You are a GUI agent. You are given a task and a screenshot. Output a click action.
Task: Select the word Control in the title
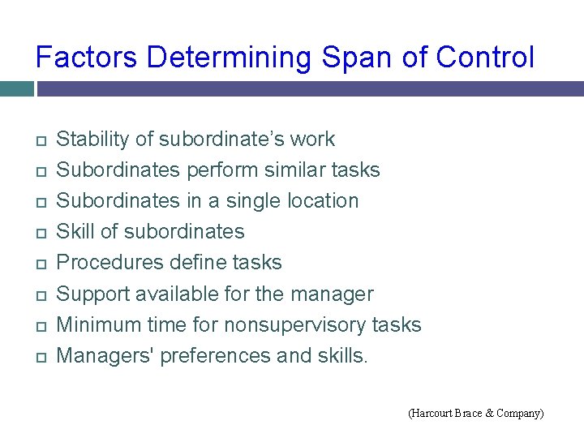point(485,58)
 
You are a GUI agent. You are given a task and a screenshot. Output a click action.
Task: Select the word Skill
point(75,232)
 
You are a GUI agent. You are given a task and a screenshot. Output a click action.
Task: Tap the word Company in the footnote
point(517,414)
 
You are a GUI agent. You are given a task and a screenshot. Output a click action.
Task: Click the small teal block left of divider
point(16,88)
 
